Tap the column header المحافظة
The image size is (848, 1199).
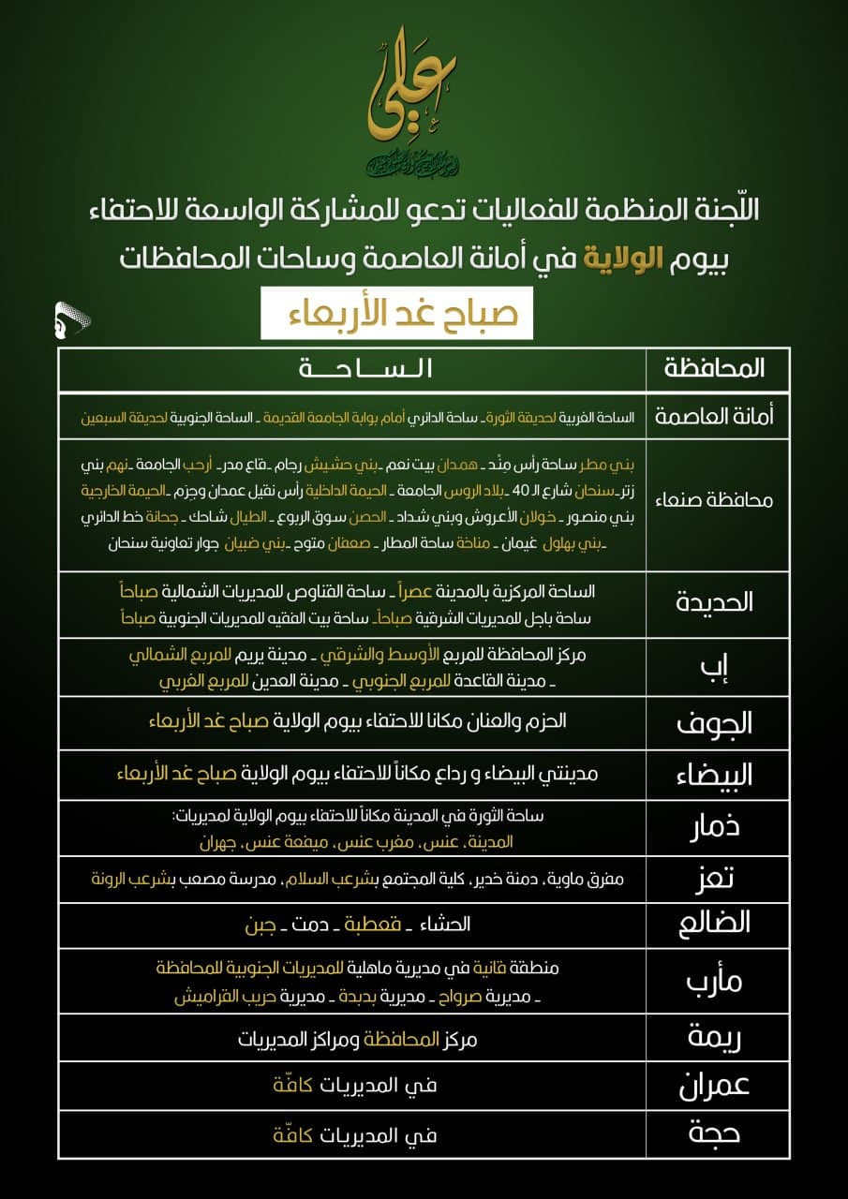[x=715, y=368]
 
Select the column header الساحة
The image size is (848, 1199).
[x=364, y=368]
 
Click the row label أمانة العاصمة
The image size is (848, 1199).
[x=715, y=416]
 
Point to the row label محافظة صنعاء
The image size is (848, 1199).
[x=715, y=499]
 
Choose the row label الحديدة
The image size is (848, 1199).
[x=715, y=602]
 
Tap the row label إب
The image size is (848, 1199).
[x=715, y=668]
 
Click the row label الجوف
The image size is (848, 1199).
[x=715, y=722]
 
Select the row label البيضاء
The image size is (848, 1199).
[x=715, y=775]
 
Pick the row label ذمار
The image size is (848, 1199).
[x=715, y=828]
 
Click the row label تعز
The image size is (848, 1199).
[x=715, y=879]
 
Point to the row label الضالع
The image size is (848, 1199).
[x=715, y=924]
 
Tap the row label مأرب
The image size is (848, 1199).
[x=715, y=983]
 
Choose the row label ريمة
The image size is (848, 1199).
[x=715, y=1038]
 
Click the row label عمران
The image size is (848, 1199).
[x=715, y=1087]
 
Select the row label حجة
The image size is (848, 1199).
[x=715, y=1135]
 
